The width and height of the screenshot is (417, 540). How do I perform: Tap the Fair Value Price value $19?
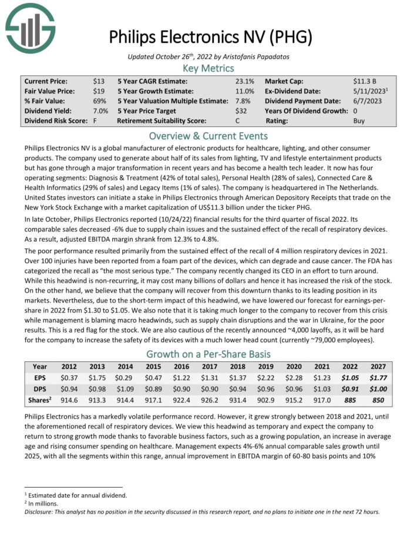pos(99,91)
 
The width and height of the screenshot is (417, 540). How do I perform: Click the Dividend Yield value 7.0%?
pos(100,111)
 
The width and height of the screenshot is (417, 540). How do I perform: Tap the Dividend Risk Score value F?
pos(95,121)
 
